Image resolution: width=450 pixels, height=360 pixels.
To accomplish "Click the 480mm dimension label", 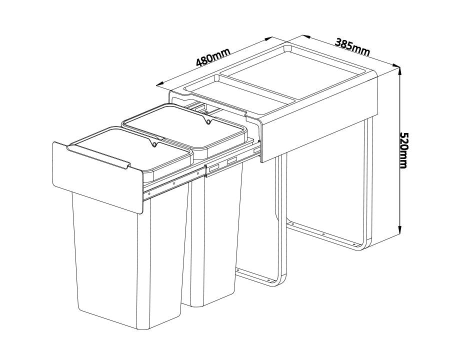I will coord(212,57).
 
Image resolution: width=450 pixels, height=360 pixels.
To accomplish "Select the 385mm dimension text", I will coord(352,46).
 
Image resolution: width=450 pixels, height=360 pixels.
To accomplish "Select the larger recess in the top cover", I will coord(295,75).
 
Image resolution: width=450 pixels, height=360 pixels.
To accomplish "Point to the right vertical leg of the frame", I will coord(368,180).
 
